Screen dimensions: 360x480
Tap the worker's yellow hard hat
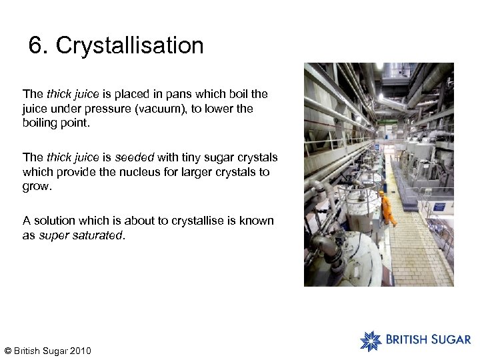tap(381, 193)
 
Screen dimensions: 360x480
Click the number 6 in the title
tap(35, 46)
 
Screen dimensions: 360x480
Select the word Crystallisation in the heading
tap(130, 46)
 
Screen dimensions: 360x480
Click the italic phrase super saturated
tap(81, 235)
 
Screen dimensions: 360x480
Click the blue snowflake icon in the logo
tap(371, 341)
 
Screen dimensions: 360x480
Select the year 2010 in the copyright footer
tap(79, 351)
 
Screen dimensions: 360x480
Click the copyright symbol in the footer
tap(7, 351)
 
